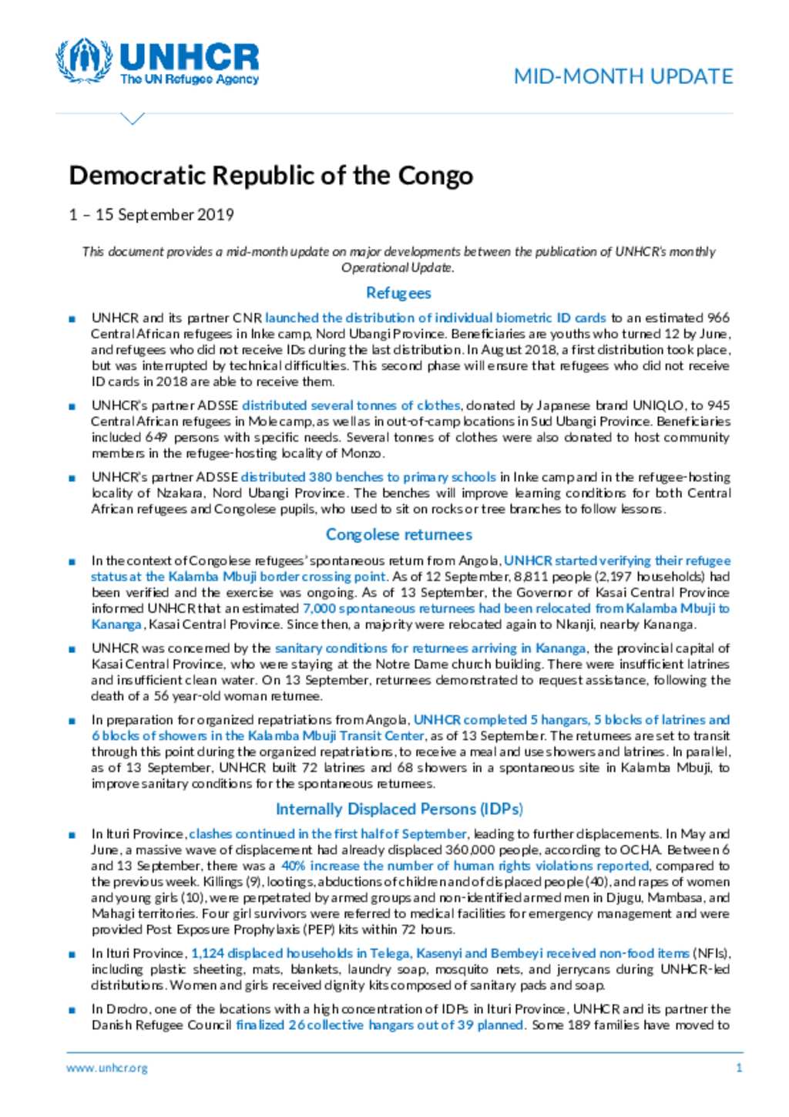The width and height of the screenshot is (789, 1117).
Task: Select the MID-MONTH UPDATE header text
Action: [623, 76]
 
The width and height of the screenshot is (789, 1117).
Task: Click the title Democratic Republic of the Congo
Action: [270, 176]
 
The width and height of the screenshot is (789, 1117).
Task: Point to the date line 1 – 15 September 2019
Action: [151, 214]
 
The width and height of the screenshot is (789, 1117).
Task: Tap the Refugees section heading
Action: [398, 293]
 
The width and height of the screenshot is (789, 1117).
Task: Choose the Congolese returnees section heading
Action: [398, 534]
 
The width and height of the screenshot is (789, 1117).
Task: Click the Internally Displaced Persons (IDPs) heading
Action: [399, 809]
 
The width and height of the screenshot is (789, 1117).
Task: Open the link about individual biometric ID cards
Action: [435, 318]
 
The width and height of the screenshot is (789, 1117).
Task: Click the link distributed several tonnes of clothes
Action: [351, 405]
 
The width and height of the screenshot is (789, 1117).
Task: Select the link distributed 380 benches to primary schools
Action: [368, 477]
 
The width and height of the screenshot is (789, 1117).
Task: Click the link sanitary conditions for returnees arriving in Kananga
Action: [431, 648]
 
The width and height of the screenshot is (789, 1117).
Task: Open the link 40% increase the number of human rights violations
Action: [465, 866]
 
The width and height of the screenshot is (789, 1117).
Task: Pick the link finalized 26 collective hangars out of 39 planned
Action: [380, 1025]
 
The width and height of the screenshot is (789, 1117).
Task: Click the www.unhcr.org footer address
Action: [106, 1068]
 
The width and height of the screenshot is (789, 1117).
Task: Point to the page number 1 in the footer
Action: [739, 1068]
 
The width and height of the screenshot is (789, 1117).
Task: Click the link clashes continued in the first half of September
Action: [327, 833]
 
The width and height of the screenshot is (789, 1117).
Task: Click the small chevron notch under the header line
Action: [133, 119]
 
